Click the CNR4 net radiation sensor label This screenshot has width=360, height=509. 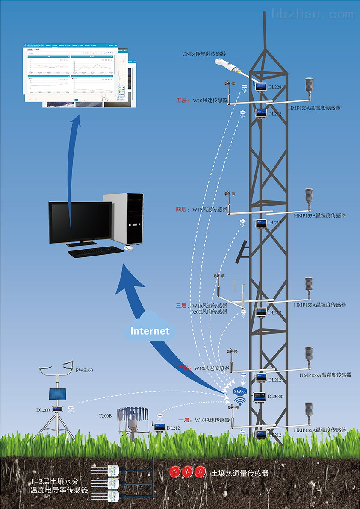[x=204, y=54]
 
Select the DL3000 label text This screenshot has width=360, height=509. [x=275, y=397]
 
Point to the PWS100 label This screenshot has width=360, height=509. [x=84, y=370]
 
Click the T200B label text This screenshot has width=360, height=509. [x=105, y=415]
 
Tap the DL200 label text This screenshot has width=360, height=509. [x=43, y=410]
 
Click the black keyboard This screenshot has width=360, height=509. [x=95, y=253]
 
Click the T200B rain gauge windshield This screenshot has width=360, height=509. [x=133, y=413]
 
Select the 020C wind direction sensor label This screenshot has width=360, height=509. [x=209, y=312]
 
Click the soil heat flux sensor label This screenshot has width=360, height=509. [x=240, y=473]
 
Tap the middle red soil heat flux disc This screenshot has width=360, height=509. [x=187, y=472]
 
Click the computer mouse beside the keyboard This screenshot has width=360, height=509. [x=129, y=248]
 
